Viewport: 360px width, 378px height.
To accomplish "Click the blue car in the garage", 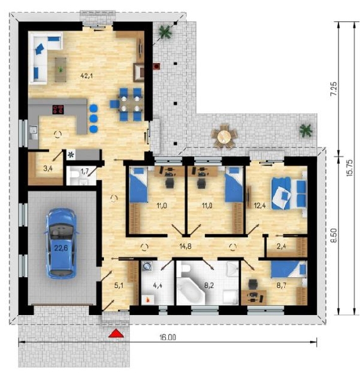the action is click(61, 243).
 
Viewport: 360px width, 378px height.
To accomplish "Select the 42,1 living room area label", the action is click(86, 76).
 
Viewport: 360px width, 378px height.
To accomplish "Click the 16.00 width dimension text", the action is click(168, 337).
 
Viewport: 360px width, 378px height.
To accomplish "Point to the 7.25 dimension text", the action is click(334, 89).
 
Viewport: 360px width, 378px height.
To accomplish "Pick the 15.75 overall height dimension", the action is click(350, 168).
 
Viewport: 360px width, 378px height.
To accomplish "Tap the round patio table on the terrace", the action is click(224, 137).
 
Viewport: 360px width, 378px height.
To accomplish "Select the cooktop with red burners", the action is click(58, 110).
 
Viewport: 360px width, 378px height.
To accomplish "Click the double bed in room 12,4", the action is click(289, 193).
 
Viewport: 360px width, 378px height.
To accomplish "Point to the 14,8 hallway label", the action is click(185, 246).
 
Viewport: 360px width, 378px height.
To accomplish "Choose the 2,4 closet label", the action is click(282, 246).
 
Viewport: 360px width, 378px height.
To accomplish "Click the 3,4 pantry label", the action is click(48, 168).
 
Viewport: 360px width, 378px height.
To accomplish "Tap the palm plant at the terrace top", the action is click(165, 31).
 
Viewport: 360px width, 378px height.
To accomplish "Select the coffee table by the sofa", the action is click(61, 69).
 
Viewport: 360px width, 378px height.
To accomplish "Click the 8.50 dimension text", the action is click(334, 235).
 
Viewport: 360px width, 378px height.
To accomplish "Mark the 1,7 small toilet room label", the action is click(84, 171).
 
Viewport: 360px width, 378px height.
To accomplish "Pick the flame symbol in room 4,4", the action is click(148, 300).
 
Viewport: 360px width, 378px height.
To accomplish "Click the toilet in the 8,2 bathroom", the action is click(186, 268).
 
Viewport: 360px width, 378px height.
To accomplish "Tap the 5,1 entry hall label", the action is click(119, 285).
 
